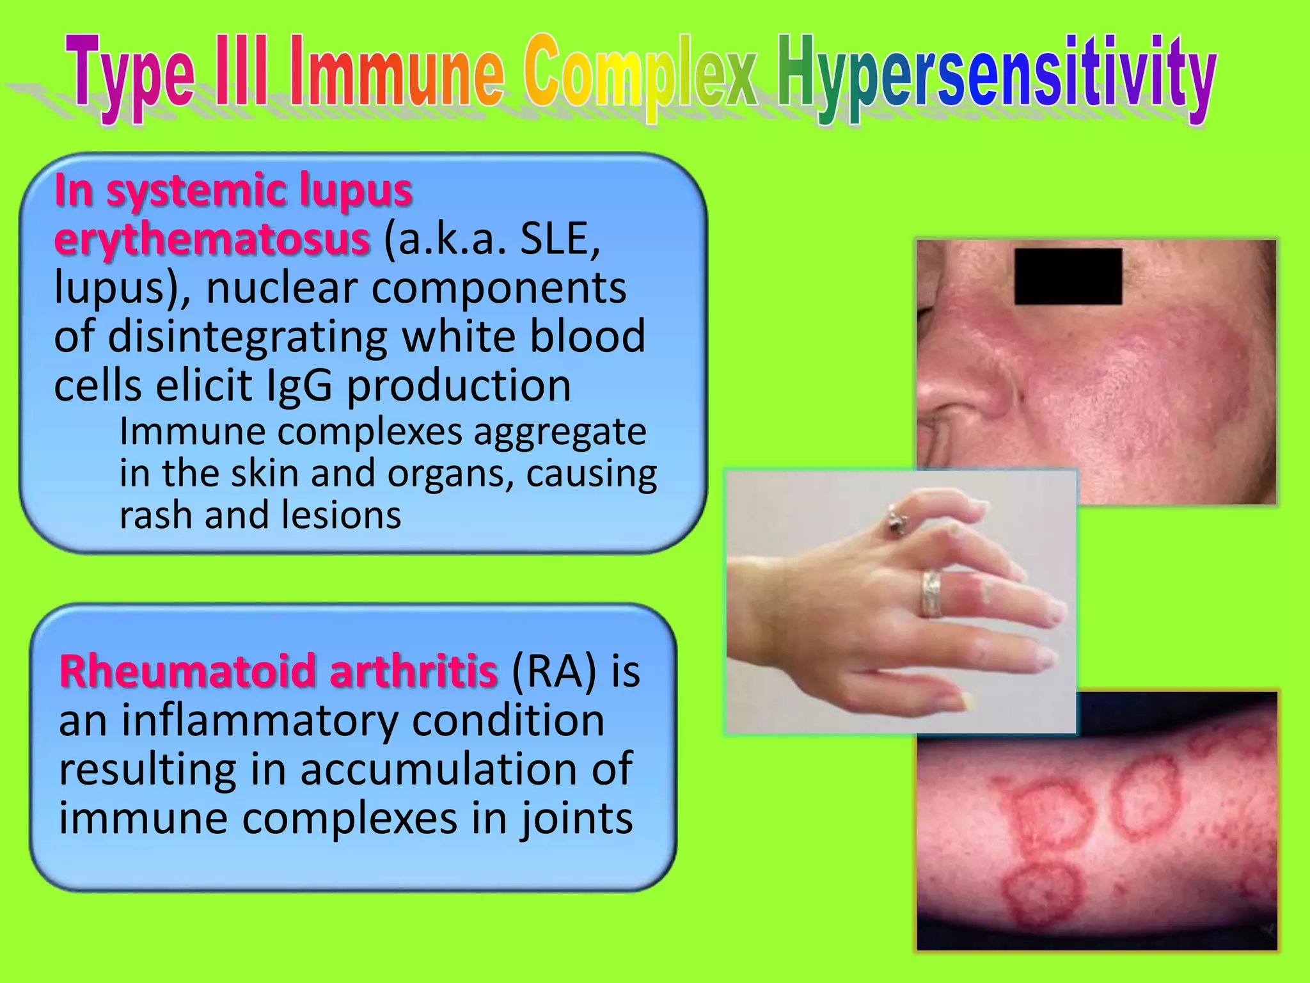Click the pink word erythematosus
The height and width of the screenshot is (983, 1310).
[212, 239]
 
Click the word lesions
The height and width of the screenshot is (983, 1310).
[341, 516]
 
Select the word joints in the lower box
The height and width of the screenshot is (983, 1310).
[576, 819]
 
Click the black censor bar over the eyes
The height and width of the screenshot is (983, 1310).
[1068, 276]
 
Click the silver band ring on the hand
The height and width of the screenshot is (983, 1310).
[931, 593]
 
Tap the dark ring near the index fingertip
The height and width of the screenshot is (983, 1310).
[895, 519]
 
